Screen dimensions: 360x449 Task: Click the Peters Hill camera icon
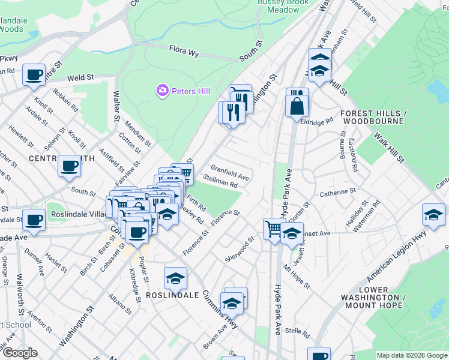coord(161,91)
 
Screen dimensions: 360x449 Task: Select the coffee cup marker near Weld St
coord(34,75)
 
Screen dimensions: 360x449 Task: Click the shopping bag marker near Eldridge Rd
coord(297,106)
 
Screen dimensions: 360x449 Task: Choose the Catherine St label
coord(337,193)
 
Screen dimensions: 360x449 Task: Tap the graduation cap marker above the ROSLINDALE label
coord(175,278)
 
